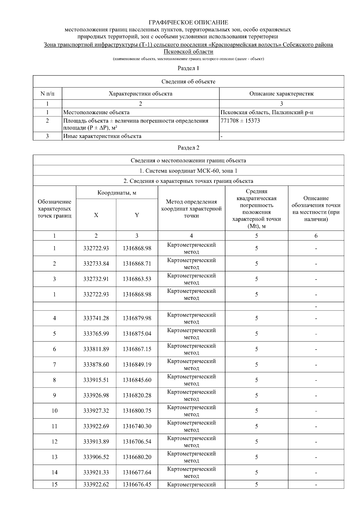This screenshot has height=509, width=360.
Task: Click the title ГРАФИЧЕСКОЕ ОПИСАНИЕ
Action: point(188,22)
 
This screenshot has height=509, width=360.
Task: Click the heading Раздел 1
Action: point(188,68)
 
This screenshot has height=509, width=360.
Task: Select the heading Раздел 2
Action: point(188,147)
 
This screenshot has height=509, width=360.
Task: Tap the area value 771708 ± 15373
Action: point(240,121)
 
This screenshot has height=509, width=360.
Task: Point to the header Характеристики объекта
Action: point(140,94)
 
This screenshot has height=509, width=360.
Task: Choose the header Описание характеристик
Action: point(281,94)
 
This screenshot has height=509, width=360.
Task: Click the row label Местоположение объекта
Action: point(97,112)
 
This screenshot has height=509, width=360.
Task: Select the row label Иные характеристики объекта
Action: point(102,136)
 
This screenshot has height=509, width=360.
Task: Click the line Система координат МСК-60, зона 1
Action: point(188,171)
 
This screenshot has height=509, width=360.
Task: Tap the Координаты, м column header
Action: point(117,193)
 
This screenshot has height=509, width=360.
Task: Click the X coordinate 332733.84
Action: point(96,264)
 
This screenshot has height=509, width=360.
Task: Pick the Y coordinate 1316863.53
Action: point(137,279)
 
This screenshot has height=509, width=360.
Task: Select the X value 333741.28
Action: point(96,318)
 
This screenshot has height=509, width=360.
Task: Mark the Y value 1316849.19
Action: point(137,365)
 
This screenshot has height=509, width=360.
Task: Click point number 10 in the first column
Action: point(54,411)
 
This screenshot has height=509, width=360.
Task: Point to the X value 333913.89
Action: point(96,442)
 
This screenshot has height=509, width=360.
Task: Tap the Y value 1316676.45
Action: point(137,484)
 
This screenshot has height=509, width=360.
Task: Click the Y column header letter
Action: point(137,215)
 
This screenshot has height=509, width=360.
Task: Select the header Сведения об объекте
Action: point(188,82)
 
